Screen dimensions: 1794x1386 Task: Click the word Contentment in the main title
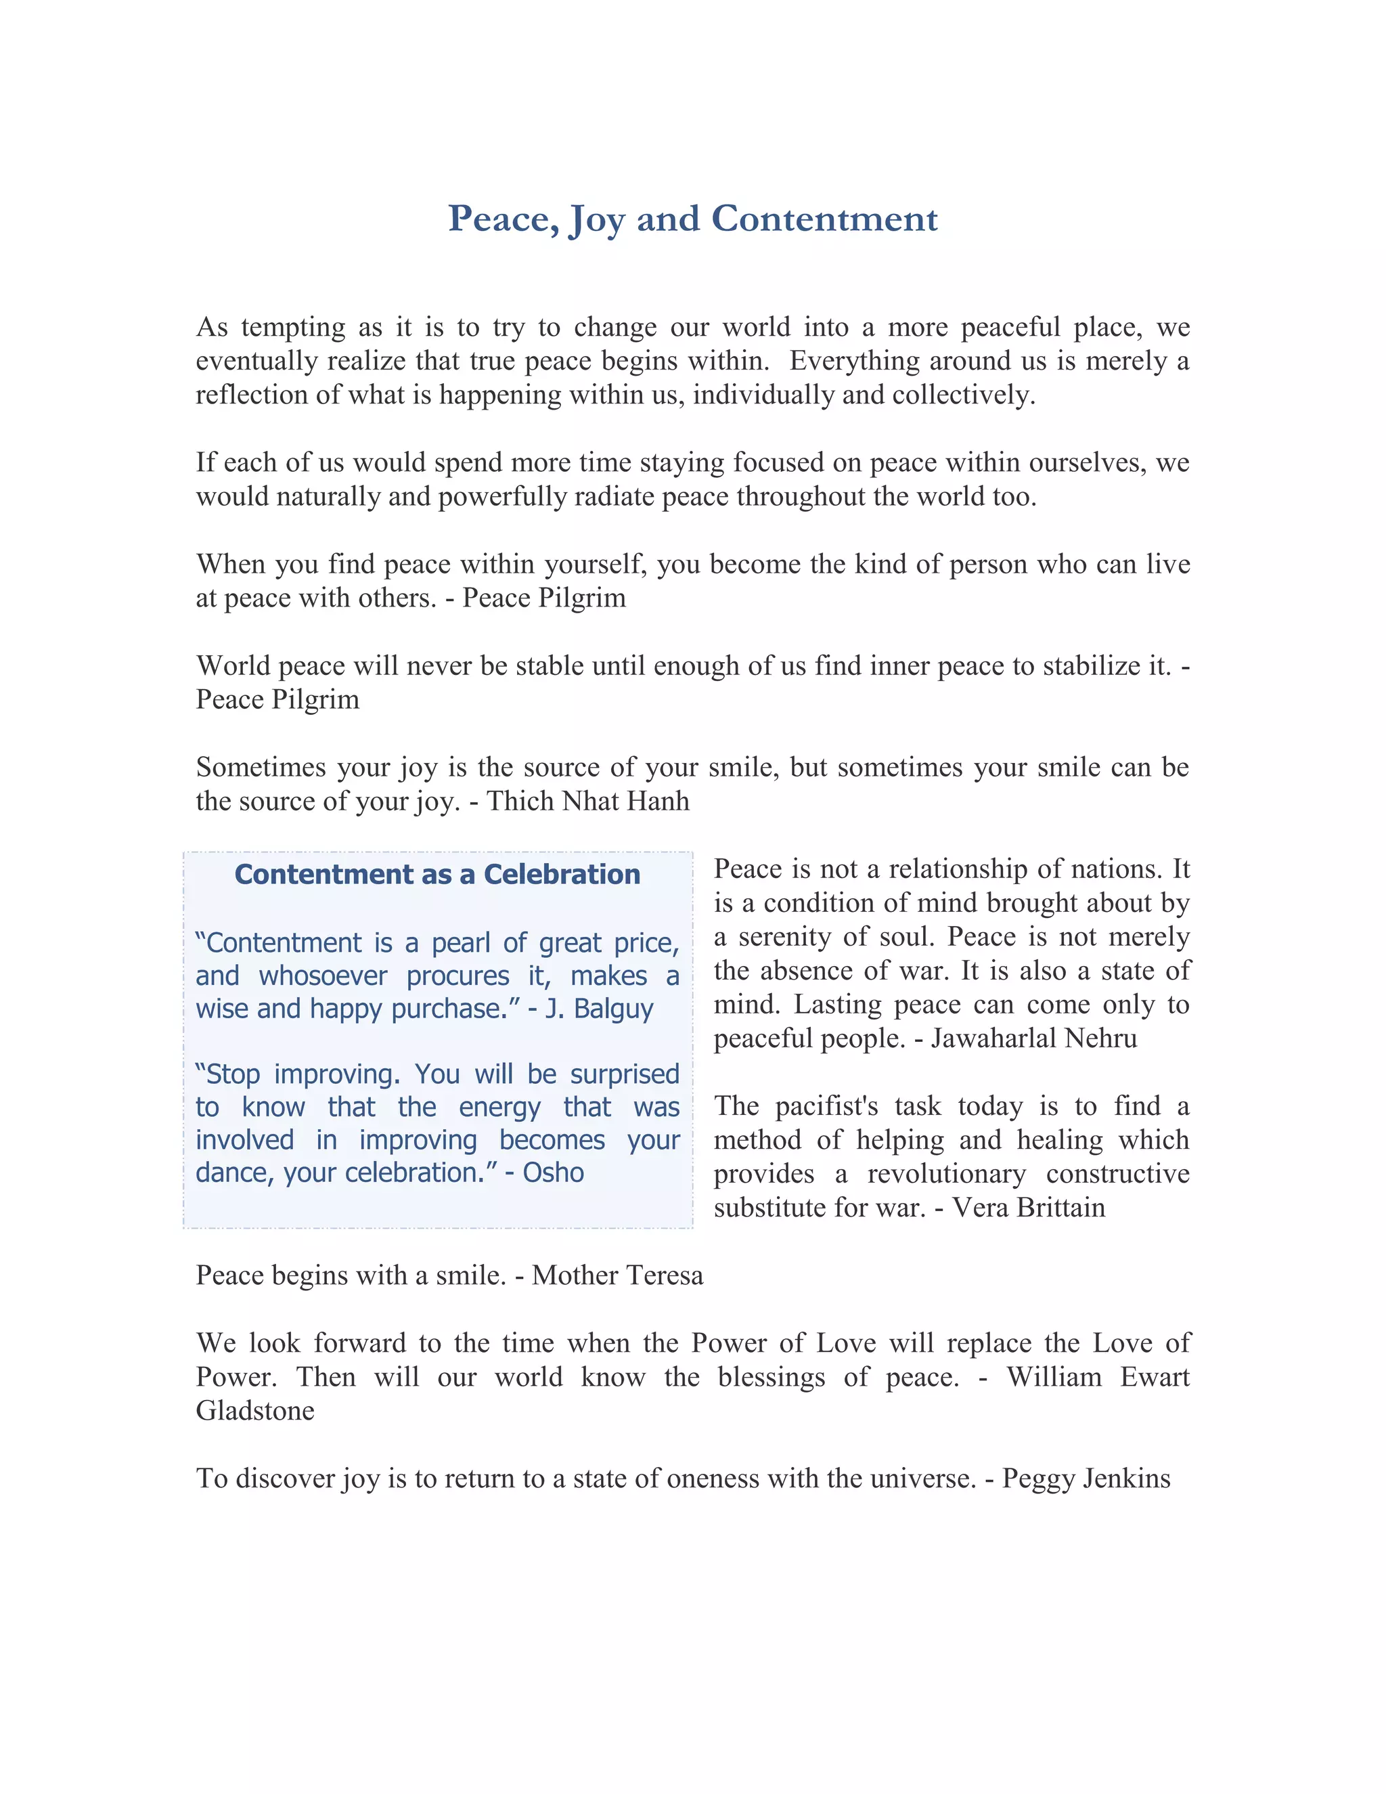pyautogui.click(x=824, y=219)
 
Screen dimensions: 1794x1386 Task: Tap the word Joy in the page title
pyautogui.click(x=597, y=219)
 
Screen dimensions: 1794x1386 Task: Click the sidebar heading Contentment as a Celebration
pyautogui.click(x=437, y=874)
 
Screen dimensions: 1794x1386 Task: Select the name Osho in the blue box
pyautogui.click(x=554, y=1172)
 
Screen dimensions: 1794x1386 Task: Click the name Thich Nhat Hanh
pyautogui.click(x=588, y=801)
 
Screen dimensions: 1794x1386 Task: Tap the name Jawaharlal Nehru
pyautogui.click(x=1034, y=1038)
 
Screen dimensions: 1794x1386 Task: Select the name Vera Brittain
pyautogui.click(x=1029, y=1208)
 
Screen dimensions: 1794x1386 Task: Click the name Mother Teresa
pyautogui.click(x=617, y=1275)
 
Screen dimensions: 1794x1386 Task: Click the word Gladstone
pyautogui.click(x=255, y=1410)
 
